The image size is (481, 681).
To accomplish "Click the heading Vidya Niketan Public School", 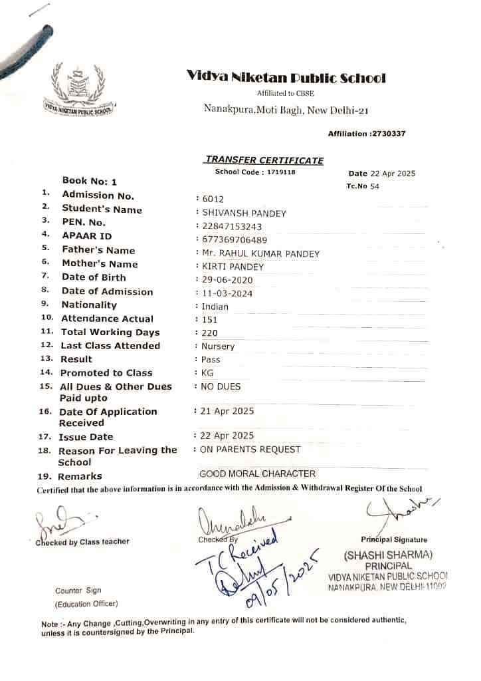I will point(286,78).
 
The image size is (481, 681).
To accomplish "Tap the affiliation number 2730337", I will point(387,134).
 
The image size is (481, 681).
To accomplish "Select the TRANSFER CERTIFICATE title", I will point(264,160).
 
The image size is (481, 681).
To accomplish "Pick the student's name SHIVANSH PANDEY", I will point(244,213).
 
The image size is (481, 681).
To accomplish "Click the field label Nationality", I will point(89,305).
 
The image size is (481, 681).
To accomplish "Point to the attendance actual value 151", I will point(210,320).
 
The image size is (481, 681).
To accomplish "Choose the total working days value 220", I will point(210,333).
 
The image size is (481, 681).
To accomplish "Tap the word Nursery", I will point(218,346).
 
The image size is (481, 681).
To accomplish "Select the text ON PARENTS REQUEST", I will point(250,450).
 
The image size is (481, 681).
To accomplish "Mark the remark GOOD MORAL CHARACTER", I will point(257,474).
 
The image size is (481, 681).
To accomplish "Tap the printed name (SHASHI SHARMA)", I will point(388,555).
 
